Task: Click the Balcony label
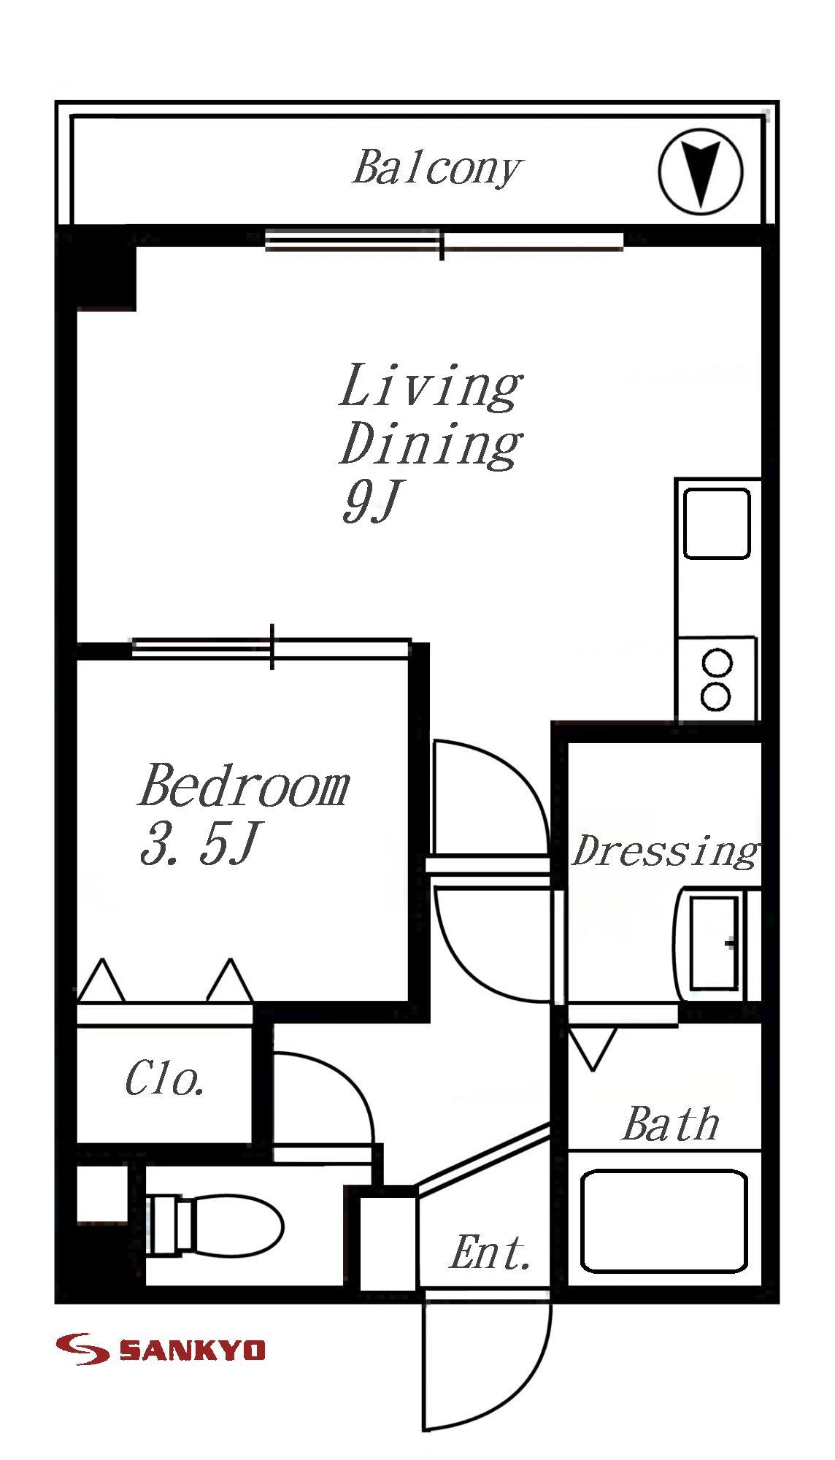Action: (436, 169)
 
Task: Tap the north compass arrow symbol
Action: (700, 172)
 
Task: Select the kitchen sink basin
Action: (717, 524)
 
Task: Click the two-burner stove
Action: (717, 679)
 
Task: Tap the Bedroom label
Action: (244, 785)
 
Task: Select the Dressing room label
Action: (664, 852)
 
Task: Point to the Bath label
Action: (672, 1124)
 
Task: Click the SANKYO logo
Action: (161, 1349)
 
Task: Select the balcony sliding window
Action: (444, 241)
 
